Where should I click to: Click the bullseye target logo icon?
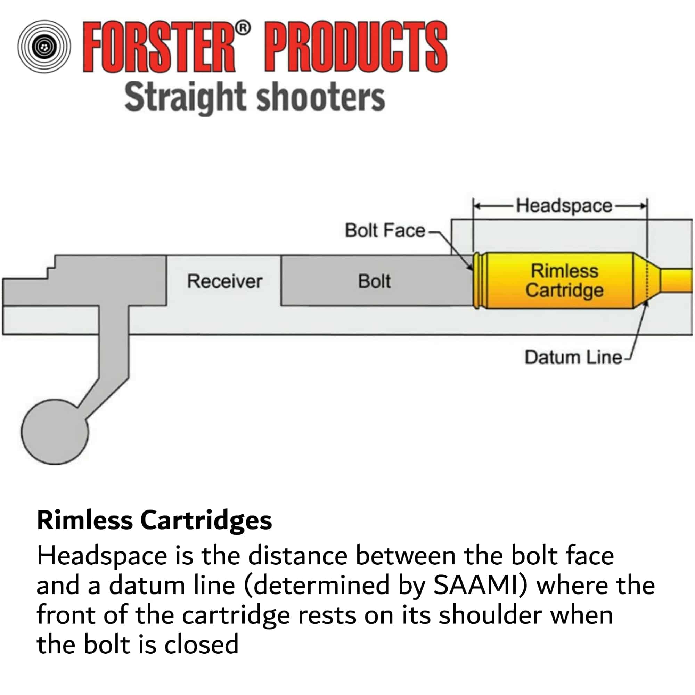(44, 47)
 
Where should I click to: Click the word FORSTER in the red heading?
(158, 47)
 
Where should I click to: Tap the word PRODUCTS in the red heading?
(356, 47)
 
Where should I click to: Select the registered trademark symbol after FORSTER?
(244, 28)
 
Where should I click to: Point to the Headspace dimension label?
(564, 206)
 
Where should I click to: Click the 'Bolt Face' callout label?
(385, 230)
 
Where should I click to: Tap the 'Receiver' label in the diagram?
(225, 281)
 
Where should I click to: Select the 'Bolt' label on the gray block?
(374, 281)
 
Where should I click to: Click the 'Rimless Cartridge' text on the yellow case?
(564, 280)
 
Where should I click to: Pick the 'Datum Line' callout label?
(573, 358)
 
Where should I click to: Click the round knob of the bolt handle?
(55, 432)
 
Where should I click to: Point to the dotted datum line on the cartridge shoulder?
(647, 280)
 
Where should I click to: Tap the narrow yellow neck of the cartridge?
(676, 280)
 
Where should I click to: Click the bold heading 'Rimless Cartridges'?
(154, 521)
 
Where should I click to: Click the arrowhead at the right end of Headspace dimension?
(644, 206)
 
